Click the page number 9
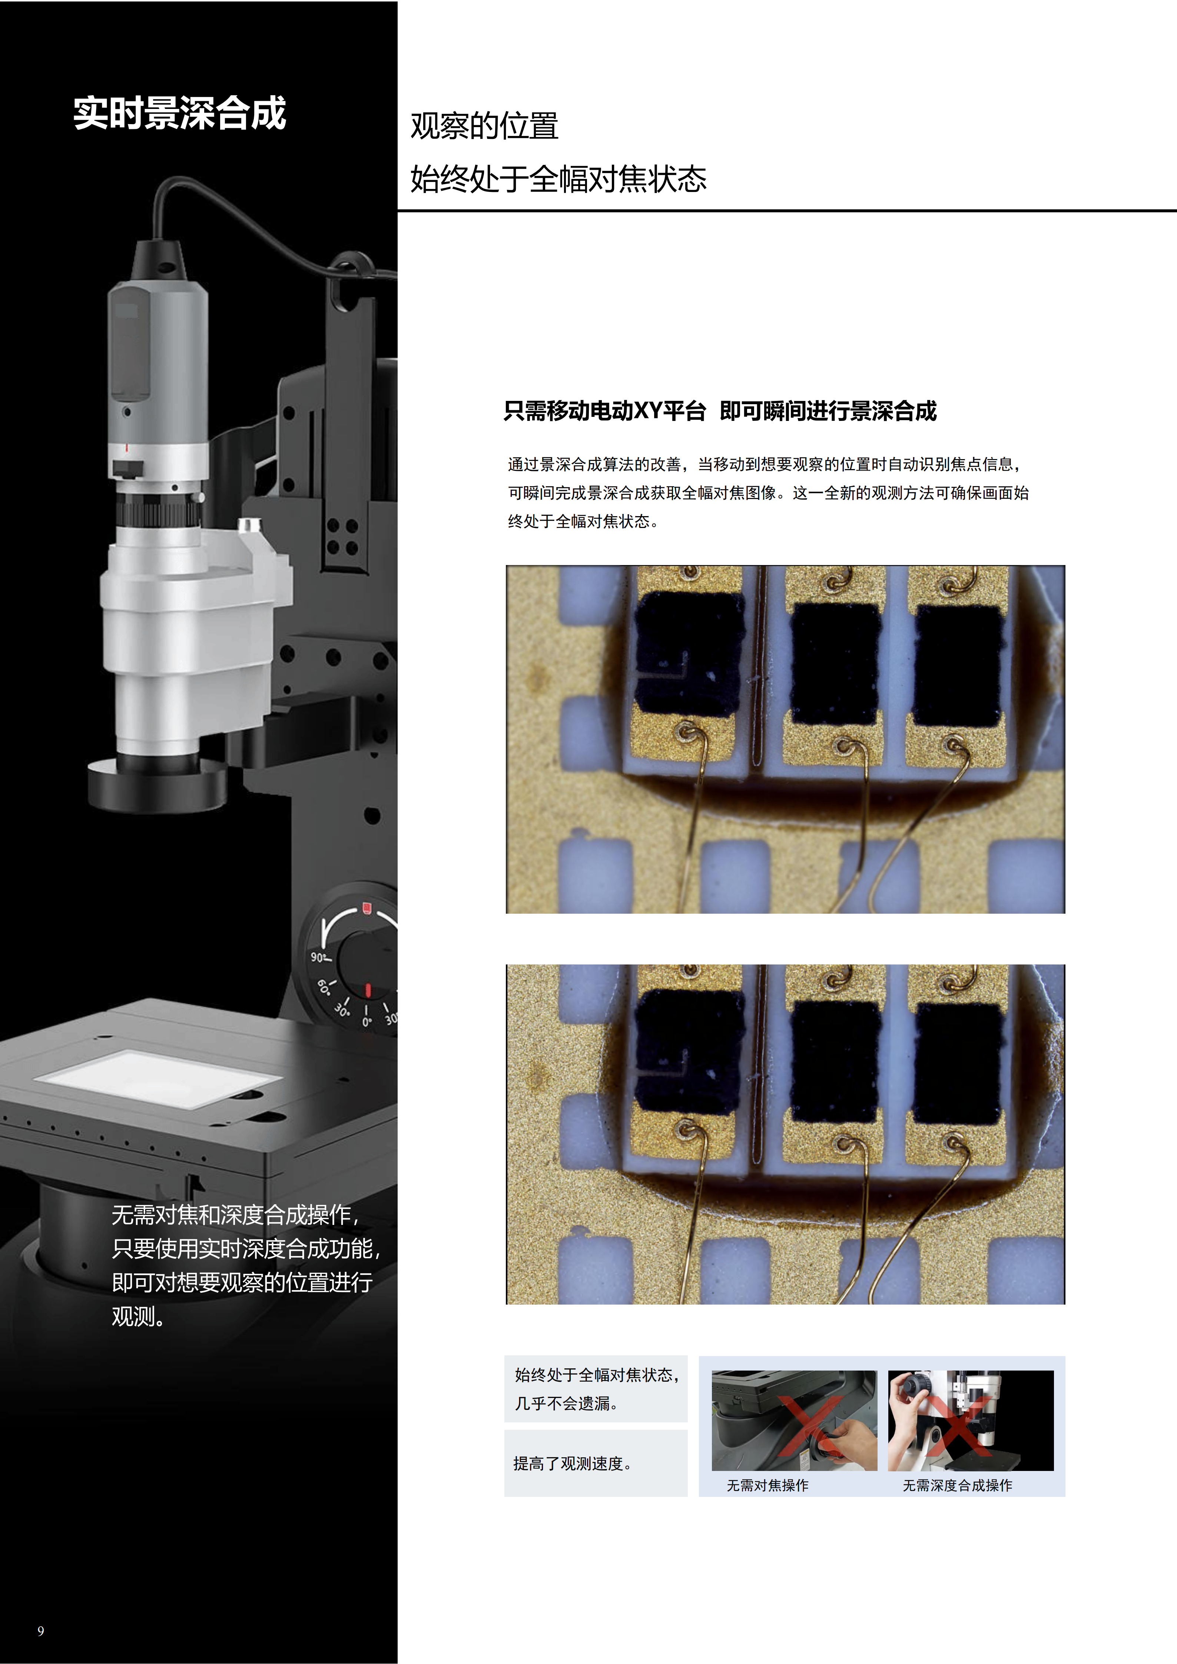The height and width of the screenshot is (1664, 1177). [41, 1631]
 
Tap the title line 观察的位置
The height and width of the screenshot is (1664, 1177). [484, 126]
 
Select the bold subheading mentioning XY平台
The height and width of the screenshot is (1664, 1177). [720, 411]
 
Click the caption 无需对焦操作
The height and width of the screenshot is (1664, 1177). [767, 1486]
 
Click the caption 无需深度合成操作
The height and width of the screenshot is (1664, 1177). [957, 1486]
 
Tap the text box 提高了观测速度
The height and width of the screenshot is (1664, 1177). [596, 1463]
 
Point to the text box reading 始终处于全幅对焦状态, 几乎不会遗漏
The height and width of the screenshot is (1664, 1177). [596, 1389]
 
